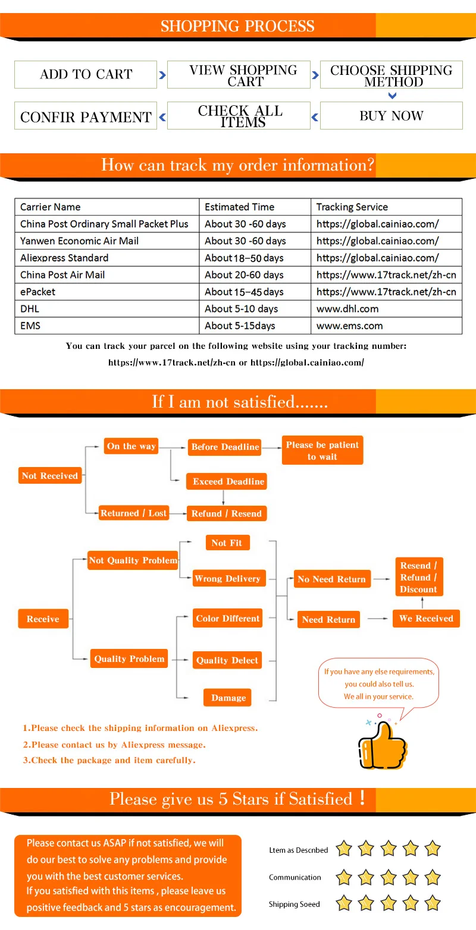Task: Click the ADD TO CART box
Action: click(x=86, y=74)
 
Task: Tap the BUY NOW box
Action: click(x=391, y=116)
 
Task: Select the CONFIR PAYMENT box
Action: click(x=86, y=116)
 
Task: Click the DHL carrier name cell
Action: click(x=30, y=308)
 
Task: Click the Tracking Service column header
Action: click(x=352, y=207)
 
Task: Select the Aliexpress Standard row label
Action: click(x=64, y=258)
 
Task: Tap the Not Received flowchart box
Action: click(x=50, y=475)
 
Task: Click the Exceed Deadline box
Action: click(x=228, y=481)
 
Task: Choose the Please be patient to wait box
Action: click(x=322, y=450)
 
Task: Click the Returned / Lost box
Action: click(x=133, y=513)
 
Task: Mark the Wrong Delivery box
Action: click(x=227, y=578)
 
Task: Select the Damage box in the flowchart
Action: click(x=228, y=698)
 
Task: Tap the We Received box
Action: click(x=426, y=619)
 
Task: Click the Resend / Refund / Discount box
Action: click(x=418, y=577)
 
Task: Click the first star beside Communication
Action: click(x=344, y=877)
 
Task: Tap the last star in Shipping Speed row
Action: click(x=433, y=904)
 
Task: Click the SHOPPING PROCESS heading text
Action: click(x=237, y=26)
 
